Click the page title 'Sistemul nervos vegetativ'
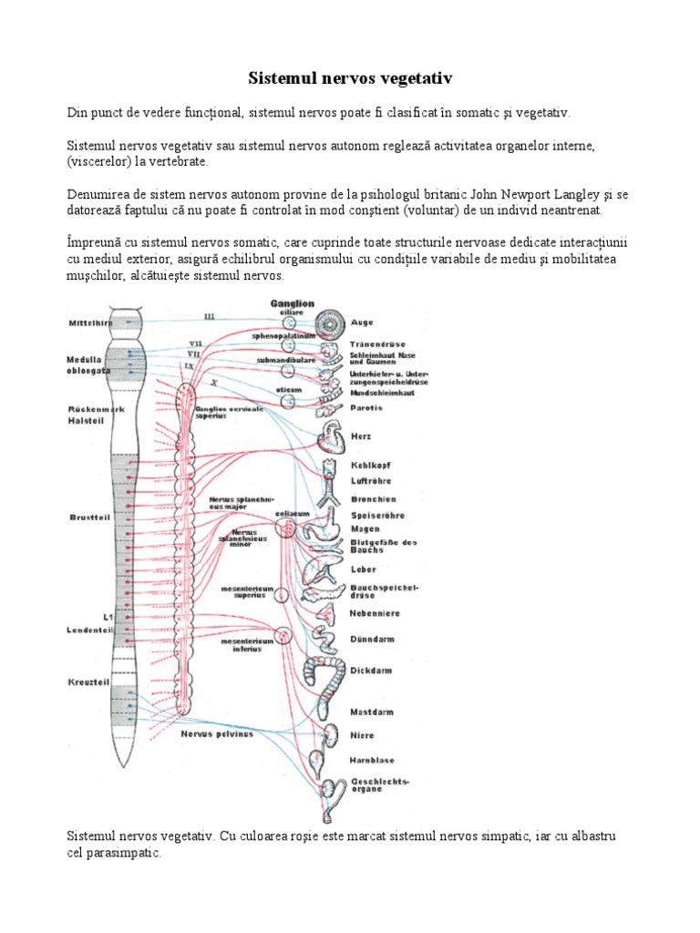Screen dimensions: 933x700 pos(350,79)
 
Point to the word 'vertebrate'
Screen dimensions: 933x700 pos(179,161)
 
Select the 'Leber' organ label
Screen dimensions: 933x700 pos(363,569)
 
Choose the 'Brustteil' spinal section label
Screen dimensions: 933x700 pos(89,517)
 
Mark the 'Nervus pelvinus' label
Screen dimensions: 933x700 pos(216,733)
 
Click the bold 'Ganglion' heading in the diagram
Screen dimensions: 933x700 pos(292,303)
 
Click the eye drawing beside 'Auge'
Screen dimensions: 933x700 pos(328,323)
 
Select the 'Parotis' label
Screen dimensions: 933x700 pos(365,407)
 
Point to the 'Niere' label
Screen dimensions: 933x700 pos(362,734)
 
